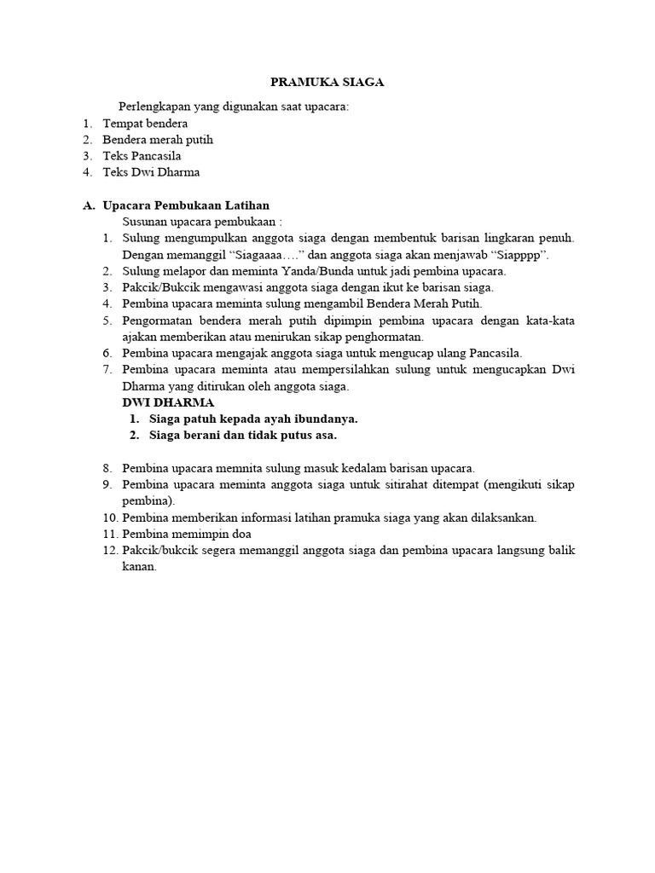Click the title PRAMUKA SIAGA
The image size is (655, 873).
tap(327, 83)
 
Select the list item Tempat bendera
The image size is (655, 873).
tap(145, 124)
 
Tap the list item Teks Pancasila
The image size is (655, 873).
tap(142, 156)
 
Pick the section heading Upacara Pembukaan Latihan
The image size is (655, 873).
tap(186, 205)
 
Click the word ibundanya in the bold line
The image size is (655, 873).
tap(322, 419)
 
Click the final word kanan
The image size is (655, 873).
tap(139, 567)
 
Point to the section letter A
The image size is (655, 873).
tap(88, 205)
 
